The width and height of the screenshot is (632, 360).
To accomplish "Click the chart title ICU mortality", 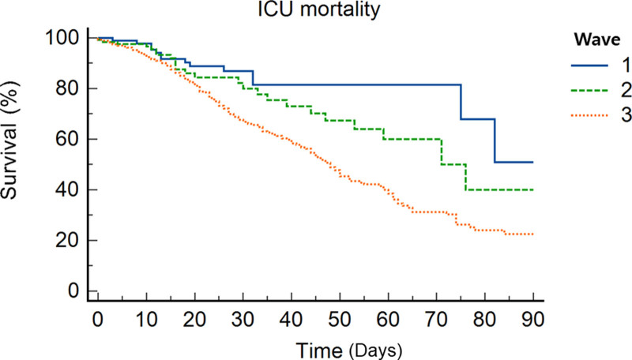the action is [x=318, y=9].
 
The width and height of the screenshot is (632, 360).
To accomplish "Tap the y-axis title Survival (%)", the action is [x=9, y=140].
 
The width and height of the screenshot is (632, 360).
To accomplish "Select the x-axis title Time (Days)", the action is [x=349, y=351].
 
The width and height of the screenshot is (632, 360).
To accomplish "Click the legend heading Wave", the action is [x=597, y=39].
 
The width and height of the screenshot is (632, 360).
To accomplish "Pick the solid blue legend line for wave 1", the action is [x=589, y=66].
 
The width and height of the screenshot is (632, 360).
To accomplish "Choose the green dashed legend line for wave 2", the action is [x=589, y=91].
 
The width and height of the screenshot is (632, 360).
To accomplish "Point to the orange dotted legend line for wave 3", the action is [x=589, y=116].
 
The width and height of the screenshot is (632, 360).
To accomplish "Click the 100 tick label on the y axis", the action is [x=62, y=38].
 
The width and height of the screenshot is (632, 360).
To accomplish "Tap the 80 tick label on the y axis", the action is [x=67, y=88].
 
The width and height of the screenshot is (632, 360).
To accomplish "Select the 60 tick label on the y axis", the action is [x=67, y=139].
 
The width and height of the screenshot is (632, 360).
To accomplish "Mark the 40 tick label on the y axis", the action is [x=67, y=189].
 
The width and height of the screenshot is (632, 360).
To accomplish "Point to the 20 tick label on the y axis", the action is [x=67, y=241].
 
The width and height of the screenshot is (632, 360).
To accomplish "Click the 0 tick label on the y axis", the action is [x=73, y=291].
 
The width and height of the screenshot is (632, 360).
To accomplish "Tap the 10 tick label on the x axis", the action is [x=146, y=321].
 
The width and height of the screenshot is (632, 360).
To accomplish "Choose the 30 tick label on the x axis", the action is [x=243, y=321].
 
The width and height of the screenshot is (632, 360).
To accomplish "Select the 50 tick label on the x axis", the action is [x=340, y=321].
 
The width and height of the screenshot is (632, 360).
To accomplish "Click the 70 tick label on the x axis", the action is [x=437, y=321].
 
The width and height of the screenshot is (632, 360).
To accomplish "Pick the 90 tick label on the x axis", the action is [x=532, y=321].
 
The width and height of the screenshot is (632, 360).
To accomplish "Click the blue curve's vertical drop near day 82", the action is [x=495, y=141].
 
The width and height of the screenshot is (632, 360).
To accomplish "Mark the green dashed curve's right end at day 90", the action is [x=533, y=189].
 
